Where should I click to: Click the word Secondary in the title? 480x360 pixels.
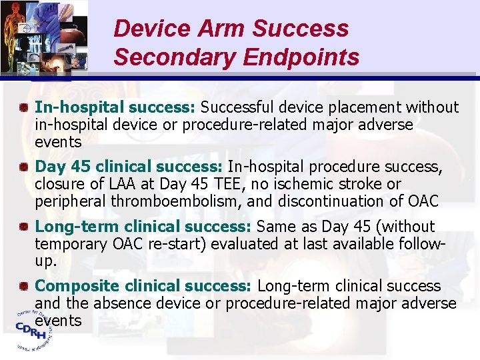[175, 57]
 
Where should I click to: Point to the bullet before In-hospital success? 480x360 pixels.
[23, 107]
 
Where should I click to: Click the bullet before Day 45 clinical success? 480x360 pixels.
[23, 166]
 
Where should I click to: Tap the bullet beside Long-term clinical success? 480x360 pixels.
[23, 227]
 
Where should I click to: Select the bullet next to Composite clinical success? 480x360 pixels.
[23, 286]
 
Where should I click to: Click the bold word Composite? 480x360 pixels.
[75, 286]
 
